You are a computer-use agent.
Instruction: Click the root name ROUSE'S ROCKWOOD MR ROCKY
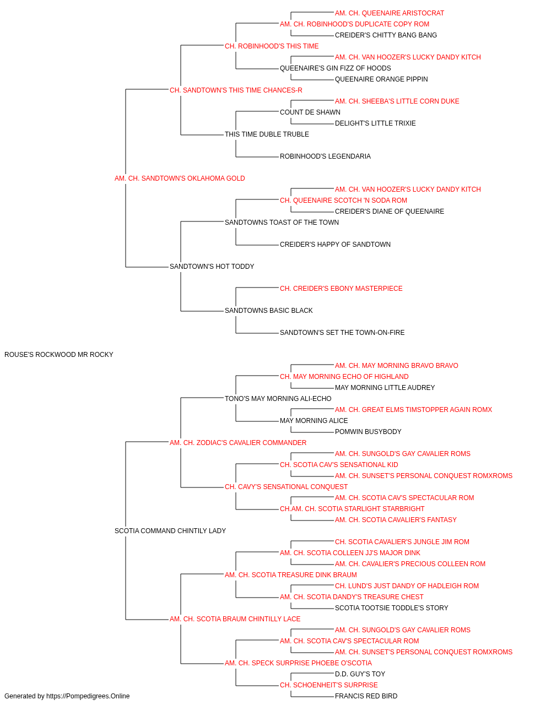click(59, 355)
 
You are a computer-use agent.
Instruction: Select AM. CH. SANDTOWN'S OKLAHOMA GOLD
click(180, 178)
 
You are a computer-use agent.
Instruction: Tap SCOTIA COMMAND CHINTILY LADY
click(170, 531)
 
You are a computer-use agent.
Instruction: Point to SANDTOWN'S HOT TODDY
click(212, 267)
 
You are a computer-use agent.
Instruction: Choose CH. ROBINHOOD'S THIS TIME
click(272, 46)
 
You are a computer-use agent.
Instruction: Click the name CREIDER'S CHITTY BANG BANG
click(386, 35)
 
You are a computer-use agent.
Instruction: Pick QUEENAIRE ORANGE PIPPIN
click(381, 79)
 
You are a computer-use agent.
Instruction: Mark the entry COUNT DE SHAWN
click(310, 112)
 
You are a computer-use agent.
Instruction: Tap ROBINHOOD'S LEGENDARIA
click(325, 156)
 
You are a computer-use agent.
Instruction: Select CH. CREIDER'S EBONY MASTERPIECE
click(341, 289)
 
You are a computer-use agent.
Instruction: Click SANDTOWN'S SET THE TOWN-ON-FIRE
click(342, 333)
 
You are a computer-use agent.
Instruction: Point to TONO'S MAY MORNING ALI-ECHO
click(278, 399)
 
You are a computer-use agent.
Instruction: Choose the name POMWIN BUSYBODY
click(368, 432)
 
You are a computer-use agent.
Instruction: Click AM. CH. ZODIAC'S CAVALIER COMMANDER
click(238, 443)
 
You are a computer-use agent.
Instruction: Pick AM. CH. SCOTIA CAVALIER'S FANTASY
click(396, 520)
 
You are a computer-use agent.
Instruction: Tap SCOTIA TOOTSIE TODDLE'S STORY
click(391, 608)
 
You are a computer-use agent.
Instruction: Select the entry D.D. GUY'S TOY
click(360, 674)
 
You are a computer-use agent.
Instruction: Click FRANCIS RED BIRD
click(366, 696)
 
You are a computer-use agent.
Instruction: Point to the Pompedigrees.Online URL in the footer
click(88, 696)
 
